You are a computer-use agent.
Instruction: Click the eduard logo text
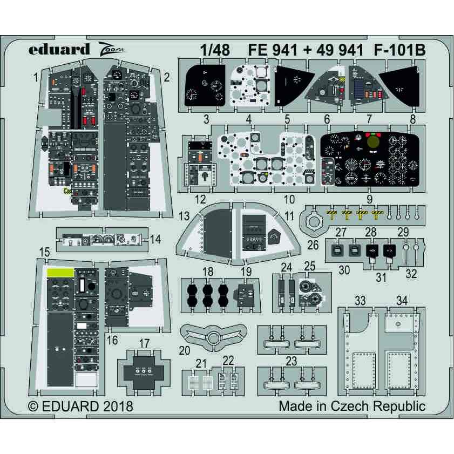point(59,50)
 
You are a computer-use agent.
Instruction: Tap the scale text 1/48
point(214,50)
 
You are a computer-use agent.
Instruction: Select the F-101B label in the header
point(399,50)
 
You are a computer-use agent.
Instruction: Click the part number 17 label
point(144,343)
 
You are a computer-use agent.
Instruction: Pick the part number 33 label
point(360,300)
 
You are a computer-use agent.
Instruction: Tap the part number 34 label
point(402,300)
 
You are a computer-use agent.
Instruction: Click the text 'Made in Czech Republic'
point(351,406)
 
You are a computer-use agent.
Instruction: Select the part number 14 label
point(155,239)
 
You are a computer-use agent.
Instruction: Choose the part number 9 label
point(369,198)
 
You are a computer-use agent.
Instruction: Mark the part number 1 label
point(36,78)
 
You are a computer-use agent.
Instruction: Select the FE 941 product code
point(270,50)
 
